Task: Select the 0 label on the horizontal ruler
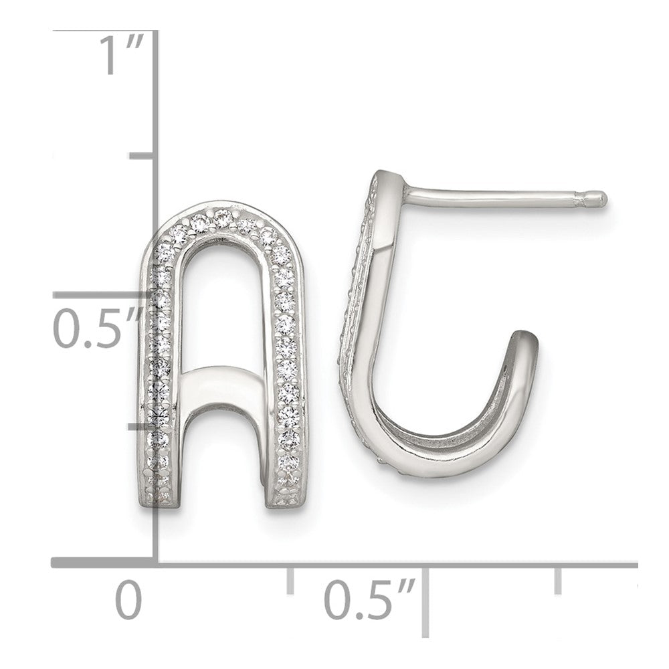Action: [128, 599]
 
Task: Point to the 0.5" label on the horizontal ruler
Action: [369, 599]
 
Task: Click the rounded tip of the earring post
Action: [601, 199]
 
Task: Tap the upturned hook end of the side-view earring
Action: [523, 338]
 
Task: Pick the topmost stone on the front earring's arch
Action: [223, 218]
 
